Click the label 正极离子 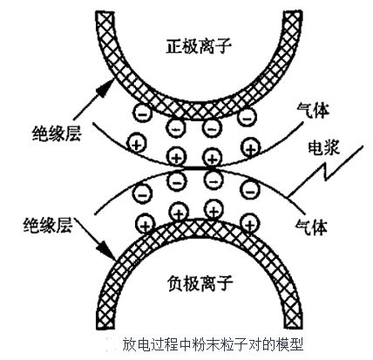pyautogui.click(x=199, y=46)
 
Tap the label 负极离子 pyautogui.click(x=200, y=282)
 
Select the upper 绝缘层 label pyautogui.click(x=57, y=133)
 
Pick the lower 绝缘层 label pyautogui.click(x=48, y=225)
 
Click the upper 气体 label pyautogui.click(x=313, y=111)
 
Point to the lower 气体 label pyautogui.click(x=311, y=227)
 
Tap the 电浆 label pyautogui.click(x=323, y=148)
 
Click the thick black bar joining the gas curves pyautogui.click(x=200, y=168)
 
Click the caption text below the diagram pyautogui.click(x=213, y=344)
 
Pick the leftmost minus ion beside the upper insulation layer pyautogui.click(x=142, y=113)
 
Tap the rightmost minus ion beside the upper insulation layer pyautogui.click(x=247, y=117)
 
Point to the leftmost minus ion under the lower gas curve pyautogui.click(x=142, y=194)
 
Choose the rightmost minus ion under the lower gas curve pyautogui.click(x=250, y=189)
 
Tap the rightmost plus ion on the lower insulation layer pyautogui.click(x=251, y=224)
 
